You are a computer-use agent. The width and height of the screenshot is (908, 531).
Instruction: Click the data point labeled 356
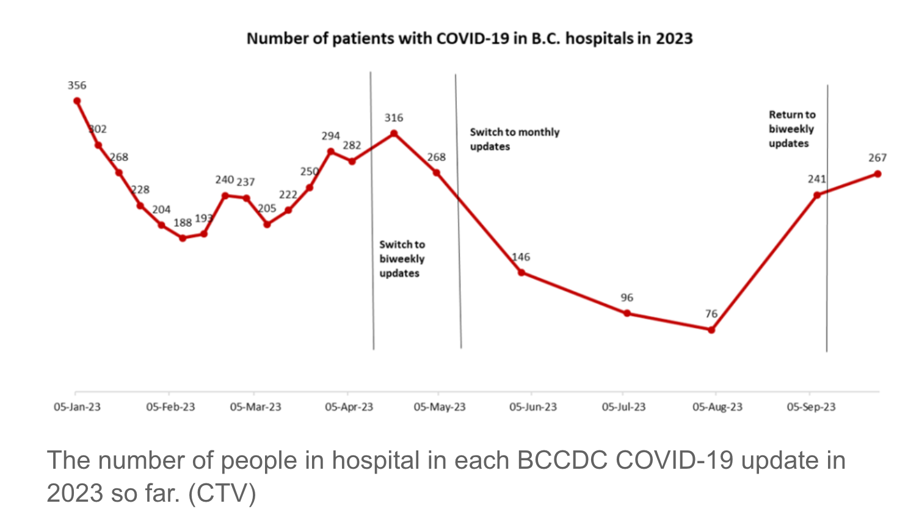[77, 101]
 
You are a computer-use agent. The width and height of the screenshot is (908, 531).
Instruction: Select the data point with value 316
[394, 133]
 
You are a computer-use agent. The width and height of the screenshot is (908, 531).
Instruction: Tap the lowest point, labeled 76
[711, 330]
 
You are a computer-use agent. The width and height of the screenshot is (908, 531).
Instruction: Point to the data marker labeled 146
[521, 272]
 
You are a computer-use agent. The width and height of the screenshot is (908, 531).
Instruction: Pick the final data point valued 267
[877, 174]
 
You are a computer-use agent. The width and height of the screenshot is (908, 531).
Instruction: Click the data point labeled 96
[627, 313]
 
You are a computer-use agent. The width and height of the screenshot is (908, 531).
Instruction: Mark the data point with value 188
[183, 238]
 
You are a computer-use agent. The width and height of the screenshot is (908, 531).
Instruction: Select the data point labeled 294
[330, 151]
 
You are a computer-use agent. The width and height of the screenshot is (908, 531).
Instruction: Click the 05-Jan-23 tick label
[77, 407]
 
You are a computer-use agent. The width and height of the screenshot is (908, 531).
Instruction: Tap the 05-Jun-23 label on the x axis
[533, 407]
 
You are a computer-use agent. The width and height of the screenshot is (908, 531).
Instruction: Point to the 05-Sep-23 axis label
[811, 407]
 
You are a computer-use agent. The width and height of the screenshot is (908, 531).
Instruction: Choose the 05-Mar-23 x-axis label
[255, 407]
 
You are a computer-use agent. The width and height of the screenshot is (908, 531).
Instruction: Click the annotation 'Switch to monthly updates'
[514, 139]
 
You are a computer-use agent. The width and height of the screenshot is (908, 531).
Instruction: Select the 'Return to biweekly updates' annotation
[791, 129]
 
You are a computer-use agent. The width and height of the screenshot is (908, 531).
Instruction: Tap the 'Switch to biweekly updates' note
[402, 259]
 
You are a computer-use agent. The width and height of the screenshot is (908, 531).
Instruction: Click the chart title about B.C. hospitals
[470, 38]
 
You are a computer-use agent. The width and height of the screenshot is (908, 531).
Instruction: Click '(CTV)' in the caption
[222, 493]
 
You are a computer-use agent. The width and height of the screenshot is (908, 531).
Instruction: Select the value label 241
[816, 179]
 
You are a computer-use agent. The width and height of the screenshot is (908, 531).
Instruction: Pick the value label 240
[224, 180]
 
